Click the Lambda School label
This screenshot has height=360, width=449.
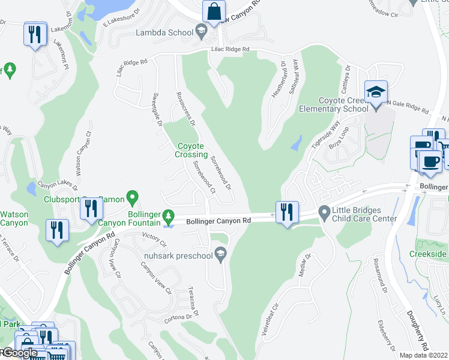[x=164, y=32]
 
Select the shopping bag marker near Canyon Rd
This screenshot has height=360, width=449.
[x=214, y=11]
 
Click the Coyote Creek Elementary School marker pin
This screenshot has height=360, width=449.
[x=376, y=92]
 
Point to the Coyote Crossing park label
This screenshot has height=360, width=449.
[x=191, y=150]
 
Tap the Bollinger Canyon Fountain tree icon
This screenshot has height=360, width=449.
[x=170, y=215]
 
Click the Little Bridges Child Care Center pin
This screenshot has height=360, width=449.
[x=324, y=211]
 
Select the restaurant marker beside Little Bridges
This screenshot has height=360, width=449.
[x=288, y=212]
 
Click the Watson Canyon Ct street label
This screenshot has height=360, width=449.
[x=82, y=154]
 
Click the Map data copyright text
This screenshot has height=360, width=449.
[x=424, y=355]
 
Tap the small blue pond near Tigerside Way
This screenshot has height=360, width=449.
[x=296, y=143]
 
